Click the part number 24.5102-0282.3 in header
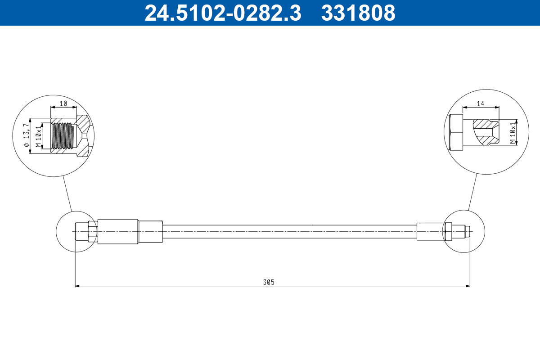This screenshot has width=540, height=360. click(222, 13)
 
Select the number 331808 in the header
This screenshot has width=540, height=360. click(358, 13)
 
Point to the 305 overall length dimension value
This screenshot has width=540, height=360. click(269, 282)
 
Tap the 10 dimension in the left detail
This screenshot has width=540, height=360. click(63, 103)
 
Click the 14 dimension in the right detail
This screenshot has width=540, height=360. click(481, 103)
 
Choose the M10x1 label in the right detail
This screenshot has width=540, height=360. click(512, 132)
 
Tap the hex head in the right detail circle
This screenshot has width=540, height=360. click(455, 132)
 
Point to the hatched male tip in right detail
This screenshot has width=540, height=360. click(486, 132)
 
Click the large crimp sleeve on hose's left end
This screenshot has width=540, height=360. click(117, 231)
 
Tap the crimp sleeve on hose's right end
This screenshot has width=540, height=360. click(430, 231)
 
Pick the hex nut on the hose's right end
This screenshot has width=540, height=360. click(448, 231)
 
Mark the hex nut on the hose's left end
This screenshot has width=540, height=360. click(92, 231)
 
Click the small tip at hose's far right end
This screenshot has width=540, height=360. click(468, 231)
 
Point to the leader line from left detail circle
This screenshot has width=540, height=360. click(67, 193)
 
